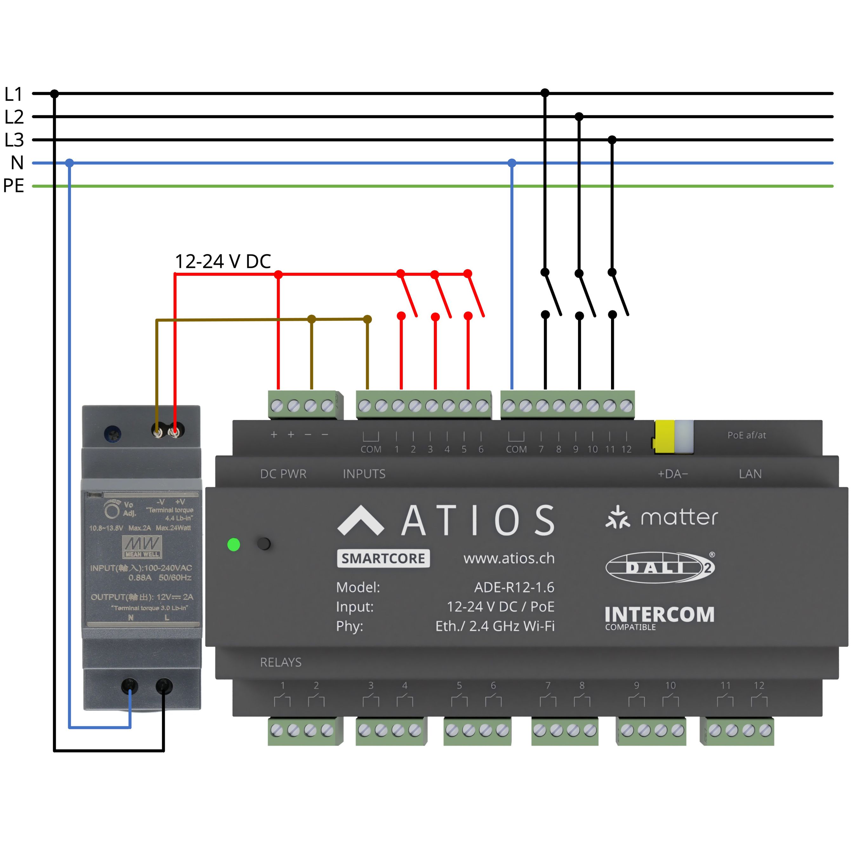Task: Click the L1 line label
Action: pos(13,94)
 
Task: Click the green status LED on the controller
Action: pos(233,544)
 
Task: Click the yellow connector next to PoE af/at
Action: pos(664,437)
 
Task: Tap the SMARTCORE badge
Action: pos(383,558)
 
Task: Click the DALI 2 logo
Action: pos(660,567)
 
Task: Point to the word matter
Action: pos(679,517)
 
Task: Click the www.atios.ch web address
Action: pos(509,558)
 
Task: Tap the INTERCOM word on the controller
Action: pos(659,615)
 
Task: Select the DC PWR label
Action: pos(283,474)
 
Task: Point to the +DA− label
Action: pos(673,474)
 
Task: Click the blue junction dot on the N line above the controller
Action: pos(512,163)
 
